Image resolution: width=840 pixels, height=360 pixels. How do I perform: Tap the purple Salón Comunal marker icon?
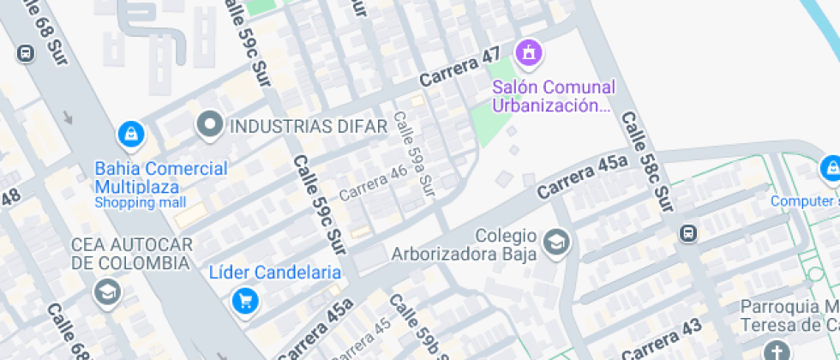(x=529, y=52)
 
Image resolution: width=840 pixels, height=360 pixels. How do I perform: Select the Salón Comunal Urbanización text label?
(x=553, y=96)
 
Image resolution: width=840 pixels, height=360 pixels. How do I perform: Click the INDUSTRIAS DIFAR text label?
(x=309, y=127)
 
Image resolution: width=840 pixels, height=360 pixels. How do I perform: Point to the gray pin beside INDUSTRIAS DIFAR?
(x=209, y=126)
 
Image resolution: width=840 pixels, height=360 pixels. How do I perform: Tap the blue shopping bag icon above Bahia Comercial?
(x=130, y=134)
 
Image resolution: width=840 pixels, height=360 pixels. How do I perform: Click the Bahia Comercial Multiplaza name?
(x=160, y=177)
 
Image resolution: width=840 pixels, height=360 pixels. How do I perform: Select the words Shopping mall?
(x=140, y=203)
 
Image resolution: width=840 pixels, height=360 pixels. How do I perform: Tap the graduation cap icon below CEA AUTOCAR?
(x=107, y=291)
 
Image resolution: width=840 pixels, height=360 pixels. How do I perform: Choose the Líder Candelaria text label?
(x=275, y=273)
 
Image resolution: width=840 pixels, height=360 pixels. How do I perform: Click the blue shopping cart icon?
(x=245, y=300)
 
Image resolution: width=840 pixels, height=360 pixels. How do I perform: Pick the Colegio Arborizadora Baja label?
(x=464, y=244)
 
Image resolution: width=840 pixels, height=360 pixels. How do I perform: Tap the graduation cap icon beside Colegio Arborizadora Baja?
(x=557, y=243)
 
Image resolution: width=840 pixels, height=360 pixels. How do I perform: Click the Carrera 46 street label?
(x=373, y=183)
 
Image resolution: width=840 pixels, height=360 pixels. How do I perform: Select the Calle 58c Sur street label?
(x=648, y=163)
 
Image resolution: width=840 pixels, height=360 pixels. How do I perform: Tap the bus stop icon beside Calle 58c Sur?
(x=687, y=233)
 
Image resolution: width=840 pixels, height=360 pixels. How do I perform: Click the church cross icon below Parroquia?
(x=777, y=351)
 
